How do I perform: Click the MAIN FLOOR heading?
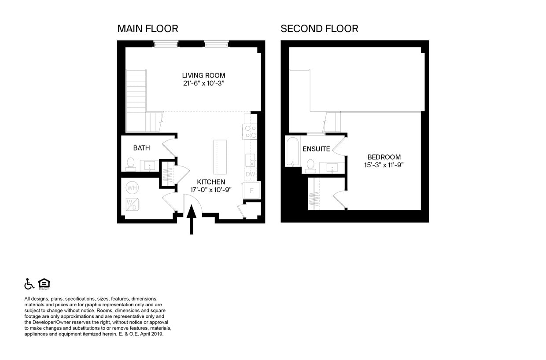[x=148, y=29]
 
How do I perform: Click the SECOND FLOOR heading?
[x=319, y=29]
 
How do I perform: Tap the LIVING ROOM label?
[x=203, y=75]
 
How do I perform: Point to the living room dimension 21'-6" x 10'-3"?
[x=203, y=83]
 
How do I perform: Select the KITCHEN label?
[x=211, y=182]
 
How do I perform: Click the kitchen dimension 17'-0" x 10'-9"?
[x=211, y=190]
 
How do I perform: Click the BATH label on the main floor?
[x=141, y=148]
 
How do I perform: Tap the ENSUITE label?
[x=316, y=149]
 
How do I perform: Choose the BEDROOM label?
[x=384, y=157]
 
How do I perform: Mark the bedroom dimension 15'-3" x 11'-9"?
[x=384, y=165]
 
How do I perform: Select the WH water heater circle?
[x=132, y=188]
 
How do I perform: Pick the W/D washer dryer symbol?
[x=132, y=204]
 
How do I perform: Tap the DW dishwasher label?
[x=251, y=174]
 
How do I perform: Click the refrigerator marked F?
[x=251, y=191]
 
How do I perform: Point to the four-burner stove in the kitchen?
[x=251, y=132]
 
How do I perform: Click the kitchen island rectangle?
[x=220, y=157]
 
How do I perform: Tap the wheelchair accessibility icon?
[x=29, y=284]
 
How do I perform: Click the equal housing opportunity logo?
[x=44, y=284]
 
